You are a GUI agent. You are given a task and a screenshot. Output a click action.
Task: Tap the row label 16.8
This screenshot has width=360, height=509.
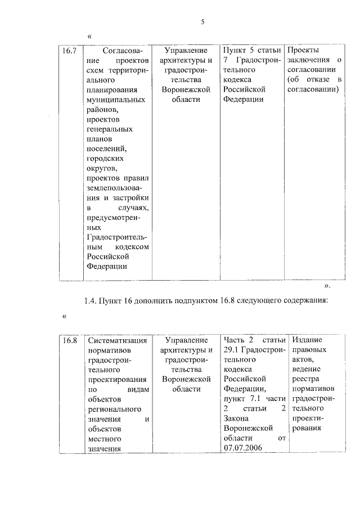point(69,341)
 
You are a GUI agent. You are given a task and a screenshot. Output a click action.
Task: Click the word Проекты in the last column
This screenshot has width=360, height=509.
point(303,50)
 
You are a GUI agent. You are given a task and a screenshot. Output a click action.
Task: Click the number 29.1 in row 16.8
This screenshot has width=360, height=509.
point(233,351)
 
